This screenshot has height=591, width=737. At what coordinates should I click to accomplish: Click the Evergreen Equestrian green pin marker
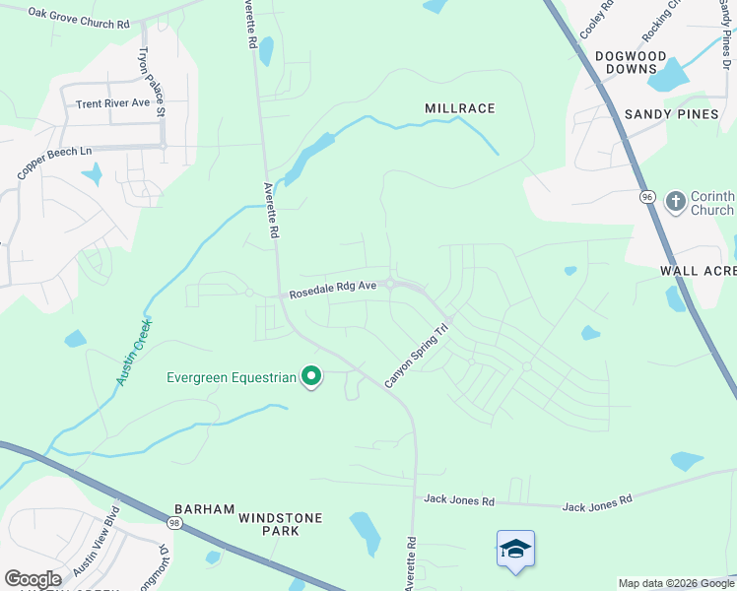(311, 376)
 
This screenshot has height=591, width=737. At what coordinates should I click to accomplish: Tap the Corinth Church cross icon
(675, 202)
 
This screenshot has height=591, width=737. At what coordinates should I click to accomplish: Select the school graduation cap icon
(515, 549)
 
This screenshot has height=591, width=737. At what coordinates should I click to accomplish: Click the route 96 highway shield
(647, 197)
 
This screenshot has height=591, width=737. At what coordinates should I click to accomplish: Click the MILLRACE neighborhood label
(459, 107)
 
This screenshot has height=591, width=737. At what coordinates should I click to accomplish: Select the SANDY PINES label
(672, 114)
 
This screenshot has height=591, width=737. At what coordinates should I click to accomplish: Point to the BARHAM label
(204, 509)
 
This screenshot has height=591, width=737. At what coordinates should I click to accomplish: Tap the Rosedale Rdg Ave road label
(333, 290)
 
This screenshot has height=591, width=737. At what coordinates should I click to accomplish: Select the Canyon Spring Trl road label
(417, 356)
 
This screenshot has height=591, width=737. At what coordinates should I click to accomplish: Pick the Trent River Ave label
(112, 102)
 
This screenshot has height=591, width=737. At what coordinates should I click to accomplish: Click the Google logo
(33, 578)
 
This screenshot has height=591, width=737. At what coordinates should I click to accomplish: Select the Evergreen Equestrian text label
(231, 376)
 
